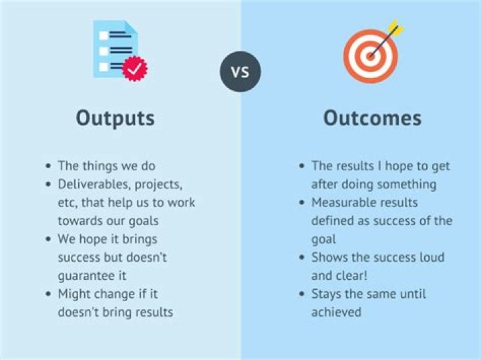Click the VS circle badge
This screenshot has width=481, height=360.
(240, 71)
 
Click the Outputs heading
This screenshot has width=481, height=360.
(115, 118)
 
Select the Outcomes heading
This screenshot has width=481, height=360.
(372, 118)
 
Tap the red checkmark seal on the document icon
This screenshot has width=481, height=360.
(136, 69)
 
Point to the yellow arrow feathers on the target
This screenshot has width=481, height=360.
(395, 28)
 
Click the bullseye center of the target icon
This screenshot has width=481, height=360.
(369, 56)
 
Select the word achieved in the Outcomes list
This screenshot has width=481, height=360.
(336, 312)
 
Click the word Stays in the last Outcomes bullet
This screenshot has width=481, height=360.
(326, 294)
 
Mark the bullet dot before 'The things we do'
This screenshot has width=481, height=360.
(47, 166)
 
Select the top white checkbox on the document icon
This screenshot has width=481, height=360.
(103, 35)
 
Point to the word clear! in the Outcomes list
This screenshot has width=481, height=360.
(353, 275)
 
